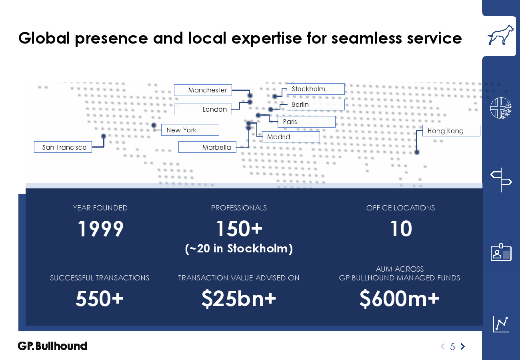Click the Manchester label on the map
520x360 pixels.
(x=203, y=90)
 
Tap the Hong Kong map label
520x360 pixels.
(x=451, y=131)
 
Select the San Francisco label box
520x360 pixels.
(x=63, y=147)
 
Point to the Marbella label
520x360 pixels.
(x=207, y=147)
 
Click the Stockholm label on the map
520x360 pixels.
(x=316, y=89)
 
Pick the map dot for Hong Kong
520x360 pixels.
(x=417, y=152)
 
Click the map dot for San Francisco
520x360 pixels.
(x=104, y=136)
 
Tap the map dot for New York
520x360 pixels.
(x=154, y=125)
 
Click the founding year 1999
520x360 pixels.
(x=100, y=229)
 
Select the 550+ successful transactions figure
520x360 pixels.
(x=99, y=298)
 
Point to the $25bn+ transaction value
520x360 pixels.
(x=239, y=299)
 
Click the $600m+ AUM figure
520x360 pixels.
(x=399, y=299)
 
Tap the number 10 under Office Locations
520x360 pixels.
(x=401, y=229)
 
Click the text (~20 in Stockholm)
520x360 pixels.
(x=239, y=248)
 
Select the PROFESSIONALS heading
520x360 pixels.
(x=239, y=208)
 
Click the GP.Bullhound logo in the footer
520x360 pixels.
(x=52, y=346)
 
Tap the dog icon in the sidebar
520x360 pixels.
(x=500, y=35)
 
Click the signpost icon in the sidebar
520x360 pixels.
(x=501, y=180)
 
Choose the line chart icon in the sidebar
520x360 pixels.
(x=501, y=324)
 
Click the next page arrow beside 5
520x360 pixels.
(x=463, y=346)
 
